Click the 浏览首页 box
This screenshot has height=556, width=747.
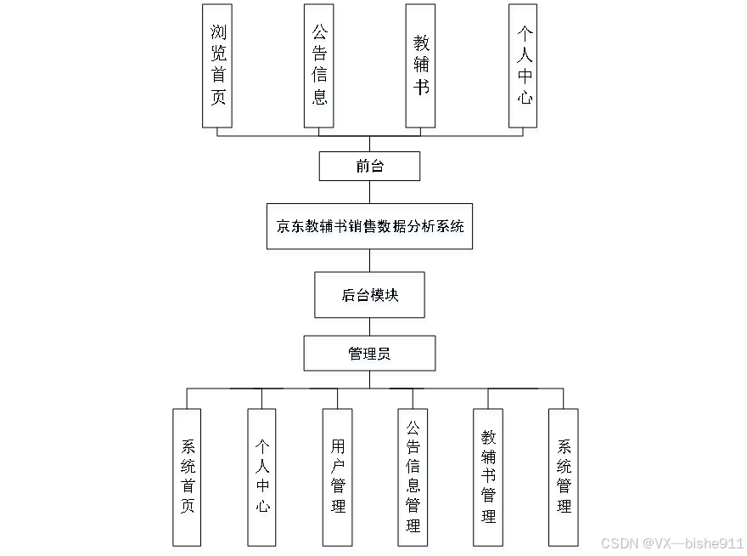click(x=217, y=65)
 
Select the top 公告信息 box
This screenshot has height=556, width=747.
click(x=319, y=65)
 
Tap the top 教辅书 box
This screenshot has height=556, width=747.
click(x=421, y=65)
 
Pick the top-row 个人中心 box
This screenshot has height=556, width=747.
click(x=524, y=65)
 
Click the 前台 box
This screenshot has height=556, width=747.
click(x=369, y=167)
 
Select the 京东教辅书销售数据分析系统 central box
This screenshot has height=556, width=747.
click(x=369, y=226)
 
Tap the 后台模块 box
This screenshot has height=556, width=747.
click(x=369, y=295)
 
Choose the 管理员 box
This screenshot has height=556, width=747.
click(x=369, y=354)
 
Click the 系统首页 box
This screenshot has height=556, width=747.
click(x=187, y=477)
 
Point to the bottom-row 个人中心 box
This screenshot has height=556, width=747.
click(x=262, y=477)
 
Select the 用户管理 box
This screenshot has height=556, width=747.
click(x=338, y=477)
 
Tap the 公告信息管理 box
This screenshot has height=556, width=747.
click(x=413, y=477)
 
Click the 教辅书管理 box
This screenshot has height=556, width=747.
click(x=488, y=477)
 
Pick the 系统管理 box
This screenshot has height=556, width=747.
click(x=564, y=477)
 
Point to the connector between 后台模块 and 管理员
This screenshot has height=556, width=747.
click(x=369, y=326)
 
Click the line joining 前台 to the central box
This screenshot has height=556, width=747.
click(x=369, y=191)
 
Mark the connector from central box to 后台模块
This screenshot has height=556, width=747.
click(x=369, y=260)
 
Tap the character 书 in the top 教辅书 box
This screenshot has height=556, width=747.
click(x=421, y=88)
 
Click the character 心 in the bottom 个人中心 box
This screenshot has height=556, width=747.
click(x=262, y=507)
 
